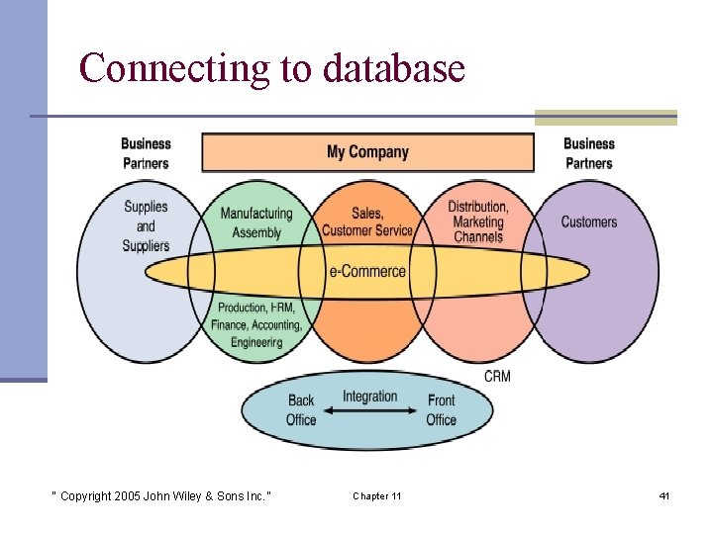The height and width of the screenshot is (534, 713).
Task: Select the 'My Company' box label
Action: [367, 152]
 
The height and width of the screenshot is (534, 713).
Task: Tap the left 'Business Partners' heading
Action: [146, 153]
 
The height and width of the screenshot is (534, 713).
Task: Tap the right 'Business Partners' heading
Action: [589, 153]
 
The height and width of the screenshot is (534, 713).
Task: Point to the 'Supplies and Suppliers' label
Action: [146, 225]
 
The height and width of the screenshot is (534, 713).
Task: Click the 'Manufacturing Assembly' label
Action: [256, 222]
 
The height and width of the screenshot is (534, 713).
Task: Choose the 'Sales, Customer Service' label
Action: [367, 222]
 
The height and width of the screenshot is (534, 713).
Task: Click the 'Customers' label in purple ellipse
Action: [589, 222]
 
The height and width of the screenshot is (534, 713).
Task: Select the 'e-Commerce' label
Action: [367, 271]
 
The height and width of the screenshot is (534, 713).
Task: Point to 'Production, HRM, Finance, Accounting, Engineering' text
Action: [256, 324]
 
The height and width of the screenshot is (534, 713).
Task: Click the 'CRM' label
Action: [497, 377]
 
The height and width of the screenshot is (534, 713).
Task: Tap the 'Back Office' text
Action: [301, 409]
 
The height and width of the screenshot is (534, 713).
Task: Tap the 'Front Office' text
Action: [442, 409]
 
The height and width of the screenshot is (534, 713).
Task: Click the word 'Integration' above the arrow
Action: [369, 397]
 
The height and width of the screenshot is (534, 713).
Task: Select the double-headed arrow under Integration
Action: [370, 414]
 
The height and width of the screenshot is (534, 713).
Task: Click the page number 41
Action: [663, 495]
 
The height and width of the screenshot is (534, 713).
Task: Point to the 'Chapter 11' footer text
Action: [376, 495]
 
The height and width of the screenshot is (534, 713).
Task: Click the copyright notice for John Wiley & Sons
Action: [160, 495]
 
